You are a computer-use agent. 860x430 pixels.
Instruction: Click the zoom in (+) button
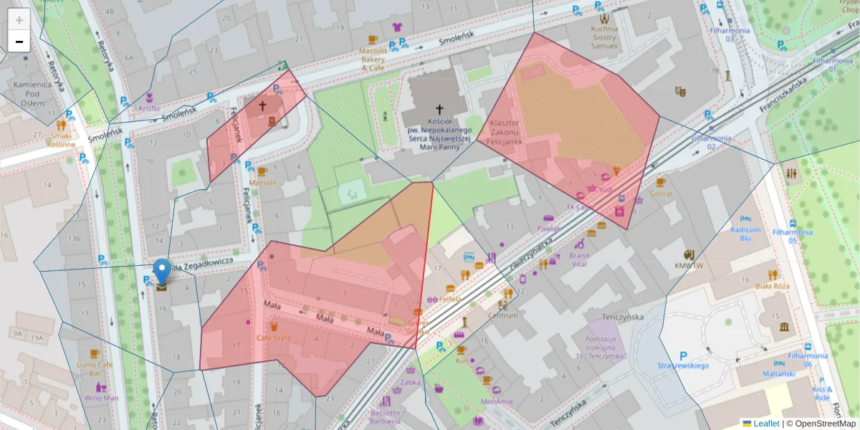19,19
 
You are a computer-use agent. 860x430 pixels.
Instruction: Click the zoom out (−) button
19,42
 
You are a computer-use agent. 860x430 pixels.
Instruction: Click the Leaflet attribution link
765,424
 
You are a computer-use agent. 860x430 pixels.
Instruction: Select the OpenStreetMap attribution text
821,424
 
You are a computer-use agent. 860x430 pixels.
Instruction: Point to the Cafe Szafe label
274,337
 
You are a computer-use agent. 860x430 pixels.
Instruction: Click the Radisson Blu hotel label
745,234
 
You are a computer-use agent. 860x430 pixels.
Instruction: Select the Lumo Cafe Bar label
95,369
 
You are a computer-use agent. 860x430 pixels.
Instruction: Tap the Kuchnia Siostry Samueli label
604,37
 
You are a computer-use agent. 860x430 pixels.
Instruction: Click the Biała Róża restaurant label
772,286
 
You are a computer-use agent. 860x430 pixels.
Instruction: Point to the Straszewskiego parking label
683,365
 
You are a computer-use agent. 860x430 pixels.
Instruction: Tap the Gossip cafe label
660,193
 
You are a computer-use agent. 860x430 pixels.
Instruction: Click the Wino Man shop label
101,398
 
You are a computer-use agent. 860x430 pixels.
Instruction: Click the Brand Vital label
579,259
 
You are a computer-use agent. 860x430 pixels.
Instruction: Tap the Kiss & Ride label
821,393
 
